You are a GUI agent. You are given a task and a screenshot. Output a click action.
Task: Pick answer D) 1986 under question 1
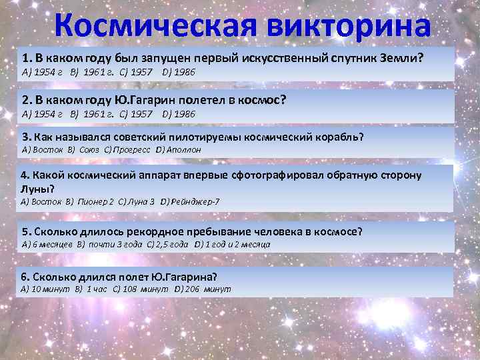pyautogui.click(x=179, y=71)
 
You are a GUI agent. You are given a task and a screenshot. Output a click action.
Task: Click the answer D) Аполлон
pyautogui.click(x=178, y=150)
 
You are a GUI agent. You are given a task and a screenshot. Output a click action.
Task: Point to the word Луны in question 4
pyautogui.click(x=35, y=187)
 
